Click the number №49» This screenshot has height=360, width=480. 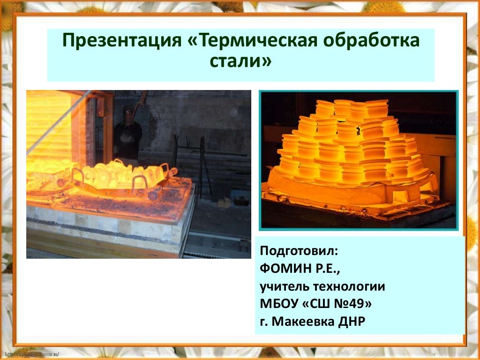tap(352, 304)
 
